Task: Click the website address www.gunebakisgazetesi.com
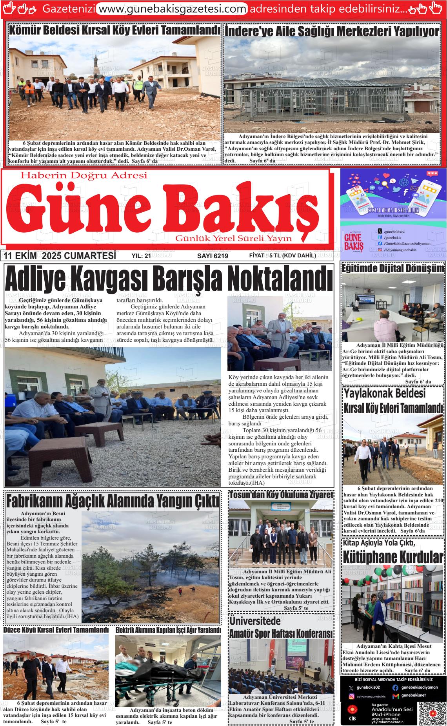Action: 172,9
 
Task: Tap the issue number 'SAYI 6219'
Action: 213,256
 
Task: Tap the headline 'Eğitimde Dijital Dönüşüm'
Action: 393,268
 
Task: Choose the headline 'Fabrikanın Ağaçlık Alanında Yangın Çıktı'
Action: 113,501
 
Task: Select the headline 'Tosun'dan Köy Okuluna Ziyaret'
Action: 281,495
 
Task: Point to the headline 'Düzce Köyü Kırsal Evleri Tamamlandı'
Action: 56,629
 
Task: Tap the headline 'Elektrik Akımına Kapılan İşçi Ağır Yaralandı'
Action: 168,630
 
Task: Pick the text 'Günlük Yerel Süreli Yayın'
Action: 234,239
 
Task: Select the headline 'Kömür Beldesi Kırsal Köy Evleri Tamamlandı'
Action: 114,30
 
